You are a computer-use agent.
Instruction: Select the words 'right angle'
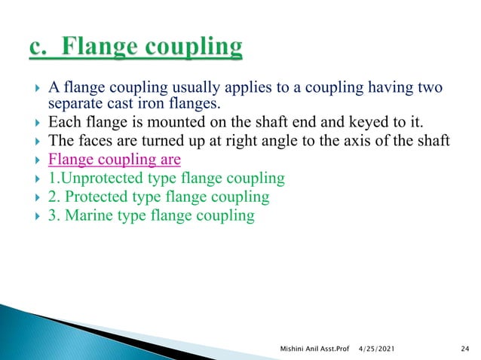(x=244, y=141)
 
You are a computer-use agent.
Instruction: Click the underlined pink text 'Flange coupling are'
(x=114, y=160)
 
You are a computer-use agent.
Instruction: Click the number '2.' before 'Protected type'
(x=54, y=197)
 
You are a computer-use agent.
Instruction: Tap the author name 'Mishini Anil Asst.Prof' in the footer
(x=311, y=347)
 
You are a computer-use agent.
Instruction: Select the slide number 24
(x=464, y=347)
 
